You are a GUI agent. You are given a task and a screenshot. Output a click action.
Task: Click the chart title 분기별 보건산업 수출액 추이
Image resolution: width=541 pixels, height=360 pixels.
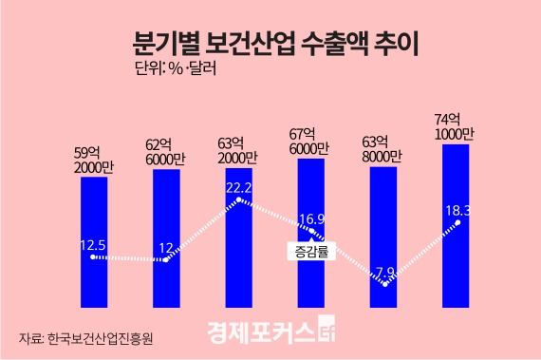pos(270,43)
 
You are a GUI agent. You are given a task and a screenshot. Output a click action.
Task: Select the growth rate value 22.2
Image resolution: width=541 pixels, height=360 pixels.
pos(239,187)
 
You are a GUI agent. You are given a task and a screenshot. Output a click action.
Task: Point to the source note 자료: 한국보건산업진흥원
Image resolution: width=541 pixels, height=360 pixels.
pos(85,338)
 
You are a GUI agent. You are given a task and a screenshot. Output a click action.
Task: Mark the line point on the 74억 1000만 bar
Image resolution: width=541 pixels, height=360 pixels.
pos(457,223)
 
